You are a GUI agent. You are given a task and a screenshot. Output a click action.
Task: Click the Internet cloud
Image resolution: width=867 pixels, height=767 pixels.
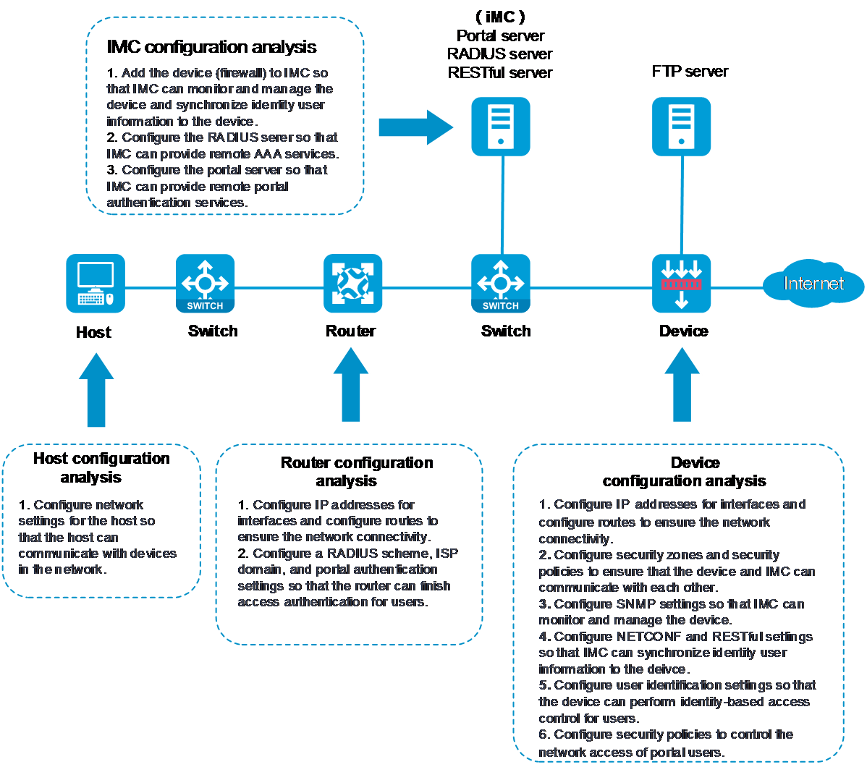pyautogui.click(x=814, y=283)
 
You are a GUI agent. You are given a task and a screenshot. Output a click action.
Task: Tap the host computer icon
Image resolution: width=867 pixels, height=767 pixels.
pyautogui.click(x=96, y=284)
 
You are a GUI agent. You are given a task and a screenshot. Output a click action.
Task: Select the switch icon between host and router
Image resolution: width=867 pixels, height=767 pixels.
pyautogui.click(x=206, y=284)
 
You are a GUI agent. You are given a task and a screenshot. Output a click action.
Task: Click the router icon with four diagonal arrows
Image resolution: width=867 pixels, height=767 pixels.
pyautogui.click(x=353, y=284)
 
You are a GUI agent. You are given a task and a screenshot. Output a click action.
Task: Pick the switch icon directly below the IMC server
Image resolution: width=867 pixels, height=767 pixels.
pyautogui.click(x=501, y=284)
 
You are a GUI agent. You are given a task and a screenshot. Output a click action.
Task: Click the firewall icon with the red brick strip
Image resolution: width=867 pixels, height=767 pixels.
pyautogui.click(x=681, y=284)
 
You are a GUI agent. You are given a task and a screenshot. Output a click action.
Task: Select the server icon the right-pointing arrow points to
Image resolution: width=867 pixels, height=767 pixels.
pyautogui.click(x=501, y=127)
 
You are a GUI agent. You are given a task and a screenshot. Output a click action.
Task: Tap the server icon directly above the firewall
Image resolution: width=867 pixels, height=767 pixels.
pyautogui.click(x=681, y=127)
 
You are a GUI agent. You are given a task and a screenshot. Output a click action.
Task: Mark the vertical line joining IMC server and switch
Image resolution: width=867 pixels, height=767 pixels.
pyautogui.click(x=501, y=205)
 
